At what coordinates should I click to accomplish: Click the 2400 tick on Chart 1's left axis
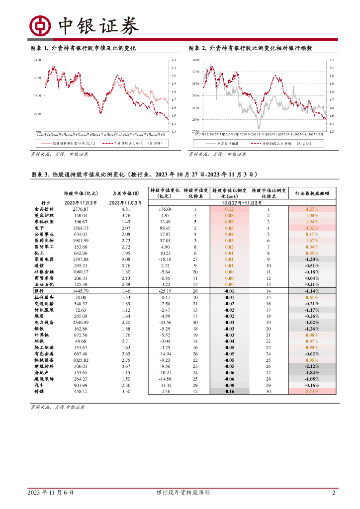[37, 60]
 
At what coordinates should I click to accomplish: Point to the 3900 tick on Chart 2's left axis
[195, 60]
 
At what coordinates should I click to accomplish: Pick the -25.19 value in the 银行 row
[165, 290]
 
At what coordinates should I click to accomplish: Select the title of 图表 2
[257, 48]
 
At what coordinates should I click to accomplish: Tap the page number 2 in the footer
[334, 493]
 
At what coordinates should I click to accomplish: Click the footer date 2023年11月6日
[50, 493]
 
